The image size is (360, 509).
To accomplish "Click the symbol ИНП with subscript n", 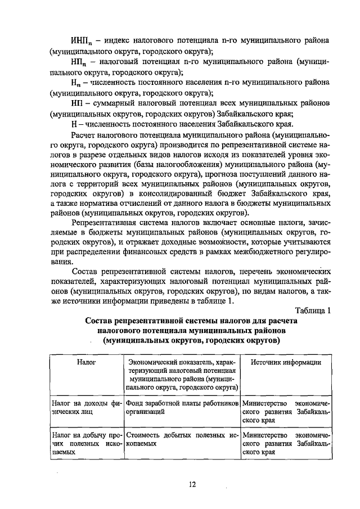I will pos(82,42).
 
